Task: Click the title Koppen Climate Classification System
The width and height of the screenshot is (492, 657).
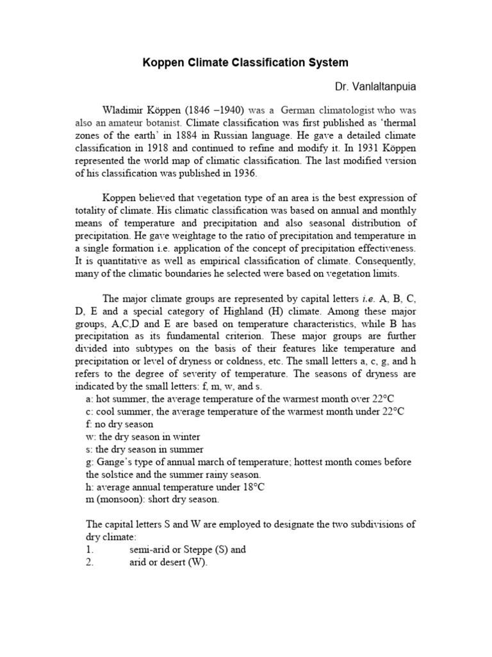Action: pos(245,62)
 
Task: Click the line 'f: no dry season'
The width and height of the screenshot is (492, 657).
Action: pos(119,424)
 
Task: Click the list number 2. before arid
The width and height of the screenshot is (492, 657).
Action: pos(90,563)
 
